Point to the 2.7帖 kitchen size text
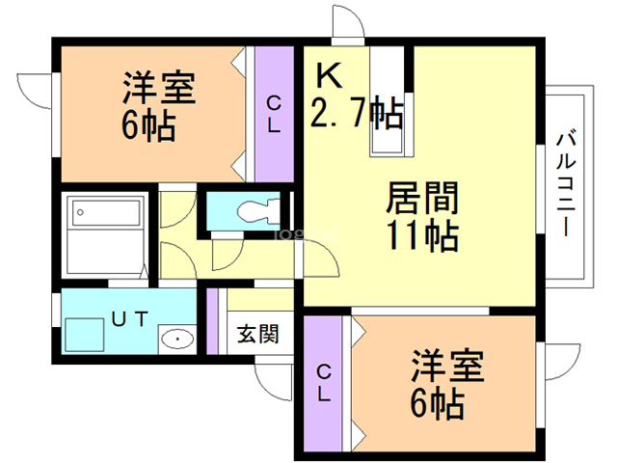point(356,115)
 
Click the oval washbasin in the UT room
point(176,340)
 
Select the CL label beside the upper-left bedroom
point(275,114)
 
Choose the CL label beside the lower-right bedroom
point(324,382)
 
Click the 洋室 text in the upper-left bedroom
point(157,90)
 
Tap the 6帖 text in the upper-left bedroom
point(148,125)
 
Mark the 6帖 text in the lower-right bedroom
point(438,402)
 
